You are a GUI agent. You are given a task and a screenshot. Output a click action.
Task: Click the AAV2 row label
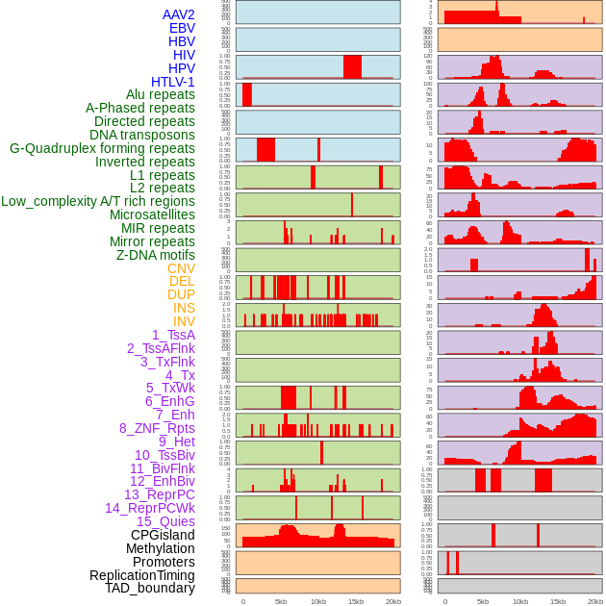tap(179, 14)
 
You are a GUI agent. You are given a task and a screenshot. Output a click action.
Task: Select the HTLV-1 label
tap(173, 82)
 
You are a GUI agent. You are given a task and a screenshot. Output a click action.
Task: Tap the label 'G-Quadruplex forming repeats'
tap(102, 148)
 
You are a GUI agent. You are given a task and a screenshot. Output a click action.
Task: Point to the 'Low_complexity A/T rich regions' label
tap(98, 201)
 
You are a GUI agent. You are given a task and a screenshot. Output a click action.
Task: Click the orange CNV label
tap(181, 268)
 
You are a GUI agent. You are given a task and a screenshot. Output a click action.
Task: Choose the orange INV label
tap(184, 321)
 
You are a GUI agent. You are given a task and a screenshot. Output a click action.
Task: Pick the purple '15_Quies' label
tap(165, 521)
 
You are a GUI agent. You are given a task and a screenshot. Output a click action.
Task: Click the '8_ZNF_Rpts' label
tap(157, 428)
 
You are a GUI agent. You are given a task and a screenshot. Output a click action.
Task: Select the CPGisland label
tap(163, 535)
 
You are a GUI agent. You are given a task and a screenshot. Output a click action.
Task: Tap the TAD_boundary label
tap(150, 588)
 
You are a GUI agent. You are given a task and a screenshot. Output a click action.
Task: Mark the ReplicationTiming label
tap(142, 575)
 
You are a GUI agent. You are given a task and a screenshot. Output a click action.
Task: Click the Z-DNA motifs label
tap(156, 255)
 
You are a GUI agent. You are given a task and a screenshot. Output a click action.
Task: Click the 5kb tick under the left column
tap(281, 601)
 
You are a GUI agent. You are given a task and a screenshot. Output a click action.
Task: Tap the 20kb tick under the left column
tap(393, 601)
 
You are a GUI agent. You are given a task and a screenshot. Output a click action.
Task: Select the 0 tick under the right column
tap(444, 601)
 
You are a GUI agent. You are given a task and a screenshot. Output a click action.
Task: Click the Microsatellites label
tap(152, 215)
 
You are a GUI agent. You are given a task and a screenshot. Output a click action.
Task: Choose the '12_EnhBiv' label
tap(163, 481)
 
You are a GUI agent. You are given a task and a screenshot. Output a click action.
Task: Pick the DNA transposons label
tap(142, 135)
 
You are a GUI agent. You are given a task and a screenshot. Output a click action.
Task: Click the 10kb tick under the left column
tap(318, 601)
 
